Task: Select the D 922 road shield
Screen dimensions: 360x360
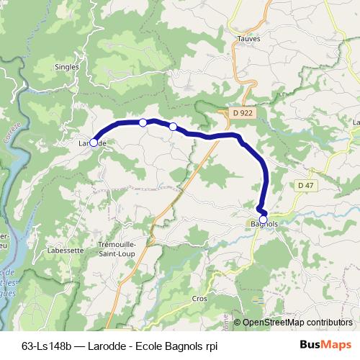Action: coord(243,113)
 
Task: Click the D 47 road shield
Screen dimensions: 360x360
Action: coord(306,185)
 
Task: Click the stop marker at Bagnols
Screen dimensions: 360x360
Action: coord(264,220)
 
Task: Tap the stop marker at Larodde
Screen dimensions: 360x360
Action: coord(94,143)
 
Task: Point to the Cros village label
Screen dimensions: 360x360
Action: coord(199,297)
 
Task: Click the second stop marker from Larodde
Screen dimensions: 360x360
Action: coord(143,122)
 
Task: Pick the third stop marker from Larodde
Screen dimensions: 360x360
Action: coord(173,127)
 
